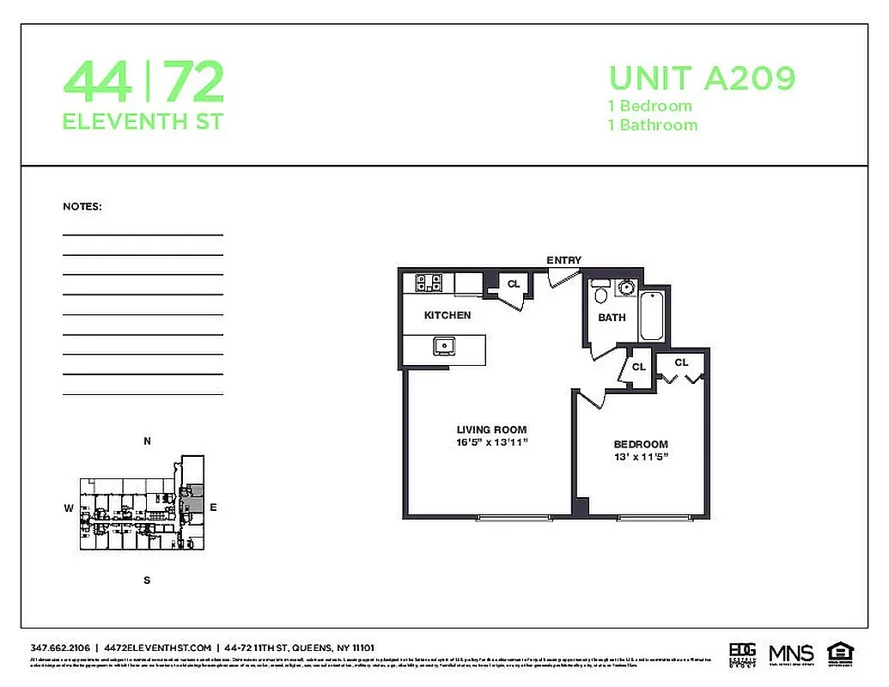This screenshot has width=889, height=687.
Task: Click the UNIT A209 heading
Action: pos(702,78)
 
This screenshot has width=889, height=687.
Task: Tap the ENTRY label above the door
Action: pos(563,260)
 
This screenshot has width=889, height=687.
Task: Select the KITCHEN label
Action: pos(448,315)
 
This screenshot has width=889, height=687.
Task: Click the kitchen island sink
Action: pos(445,346)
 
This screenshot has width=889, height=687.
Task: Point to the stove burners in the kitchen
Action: pos(428,283)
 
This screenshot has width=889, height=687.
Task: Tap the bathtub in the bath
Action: pos(651,315)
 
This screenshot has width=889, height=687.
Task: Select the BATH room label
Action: pos(612,318)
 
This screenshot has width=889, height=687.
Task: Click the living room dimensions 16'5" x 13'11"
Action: pos(491,443)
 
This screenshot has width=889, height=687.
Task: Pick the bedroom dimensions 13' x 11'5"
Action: pos(641,457)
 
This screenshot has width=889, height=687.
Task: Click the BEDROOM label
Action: pos(641,444)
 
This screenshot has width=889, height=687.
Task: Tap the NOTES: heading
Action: pos(82,207)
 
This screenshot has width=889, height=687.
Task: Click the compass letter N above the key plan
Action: pos(147,441)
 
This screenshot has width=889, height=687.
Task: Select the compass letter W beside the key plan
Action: pos(68,508)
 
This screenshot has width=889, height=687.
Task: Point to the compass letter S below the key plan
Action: pos(147,580)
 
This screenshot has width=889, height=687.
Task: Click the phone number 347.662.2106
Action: pos(60,647)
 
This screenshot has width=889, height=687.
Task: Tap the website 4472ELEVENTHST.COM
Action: pos(156,647)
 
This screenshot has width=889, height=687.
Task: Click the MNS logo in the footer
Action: pos(790,652)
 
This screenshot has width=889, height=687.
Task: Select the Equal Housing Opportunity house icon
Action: pos(837,652)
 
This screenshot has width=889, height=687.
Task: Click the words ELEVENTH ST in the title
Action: pos(143,122)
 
